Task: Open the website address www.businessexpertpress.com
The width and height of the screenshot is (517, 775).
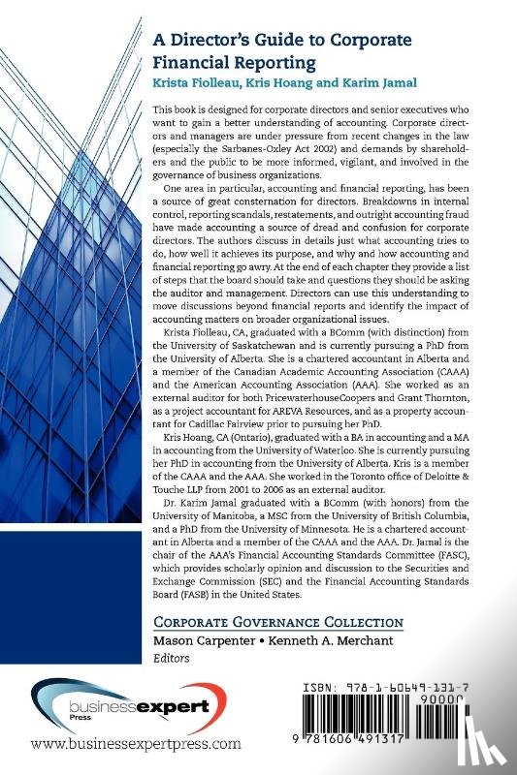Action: click(136, 745)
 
